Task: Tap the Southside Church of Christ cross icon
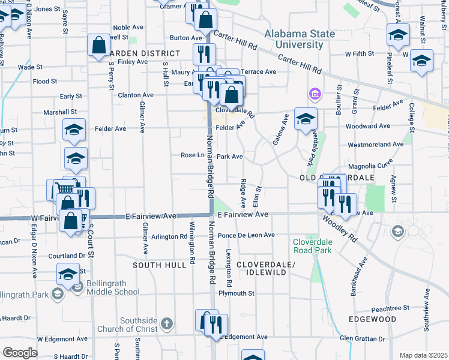(x=167, y=325)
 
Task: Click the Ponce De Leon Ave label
(x=246, y=235)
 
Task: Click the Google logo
(x=20, y=352)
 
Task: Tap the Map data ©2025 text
(x=423, y=355)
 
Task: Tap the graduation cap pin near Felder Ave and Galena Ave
(x=305, y=119)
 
